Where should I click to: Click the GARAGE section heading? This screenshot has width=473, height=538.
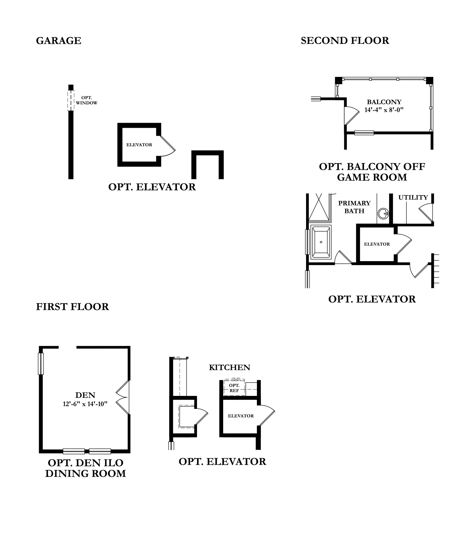59,41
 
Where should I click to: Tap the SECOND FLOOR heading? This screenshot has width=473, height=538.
345,41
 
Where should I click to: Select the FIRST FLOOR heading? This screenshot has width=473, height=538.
72,307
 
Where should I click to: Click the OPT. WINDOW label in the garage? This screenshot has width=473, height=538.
87,100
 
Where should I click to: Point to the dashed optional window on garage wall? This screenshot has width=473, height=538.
71,101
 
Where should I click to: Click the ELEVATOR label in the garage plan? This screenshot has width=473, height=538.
139,145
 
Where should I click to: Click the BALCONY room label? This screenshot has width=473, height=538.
384,102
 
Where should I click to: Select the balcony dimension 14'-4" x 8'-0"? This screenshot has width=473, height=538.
384,110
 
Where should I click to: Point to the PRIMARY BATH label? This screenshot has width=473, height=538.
354,207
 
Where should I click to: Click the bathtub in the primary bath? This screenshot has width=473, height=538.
321,242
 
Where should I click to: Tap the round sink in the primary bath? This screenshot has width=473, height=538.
383,213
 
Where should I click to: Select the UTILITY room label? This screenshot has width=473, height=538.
413,198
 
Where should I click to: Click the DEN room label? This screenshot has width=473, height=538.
85,395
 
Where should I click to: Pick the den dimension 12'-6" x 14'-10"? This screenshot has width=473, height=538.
85,404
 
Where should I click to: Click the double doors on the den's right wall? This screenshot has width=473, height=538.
122,398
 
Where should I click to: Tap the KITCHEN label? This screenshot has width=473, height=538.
229,367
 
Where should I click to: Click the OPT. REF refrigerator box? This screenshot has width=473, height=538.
234,388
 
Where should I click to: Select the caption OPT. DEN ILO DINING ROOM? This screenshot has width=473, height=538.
86,468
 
